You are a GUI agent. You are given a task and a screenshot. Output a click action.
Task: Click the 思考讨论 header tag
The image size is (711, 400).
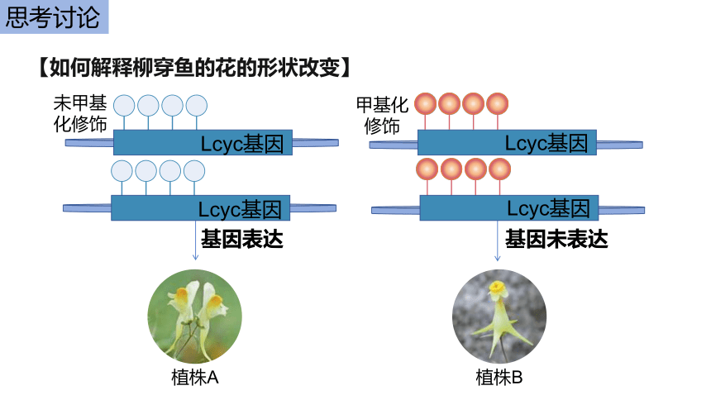[x=54, y=17]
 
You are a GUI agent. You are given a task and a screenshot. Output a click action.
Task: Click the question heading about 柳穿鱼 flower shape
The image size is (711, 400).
[x=195, y=68]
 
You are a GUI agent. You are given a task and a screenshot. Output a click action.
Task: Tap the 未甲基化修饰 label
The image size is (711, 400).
[x=80, y=114]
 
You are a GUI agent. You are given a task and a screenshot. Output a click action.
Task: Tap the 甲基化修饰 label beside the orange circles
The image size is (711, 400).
[x=382, y=116]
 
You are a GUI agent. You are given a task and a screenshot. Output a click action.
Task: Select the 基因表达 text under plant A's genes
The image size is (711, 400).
[x=242, y=239]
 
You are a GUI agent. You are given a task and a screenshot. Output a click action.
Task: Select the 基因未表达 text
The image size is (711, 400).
[x=556, y=239]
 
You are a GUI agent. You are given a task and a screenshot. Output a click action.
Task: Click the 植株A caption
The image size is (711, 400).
[x=195, y=378]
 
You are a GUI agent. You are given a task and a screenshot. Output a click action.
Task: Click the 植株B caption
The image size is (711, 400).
[x=499, y=378]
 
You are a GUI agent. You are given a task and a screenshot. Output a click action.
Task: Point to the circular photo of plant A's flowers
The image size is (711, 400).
[x=194, y=317]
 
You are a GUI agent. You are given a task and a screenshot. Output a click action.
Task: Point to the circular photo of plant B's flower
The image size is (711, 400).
[x=499, y=317]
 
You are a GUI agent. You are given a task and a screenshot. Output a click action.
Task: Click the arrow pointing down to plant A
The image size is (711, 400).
[x=195, y=240]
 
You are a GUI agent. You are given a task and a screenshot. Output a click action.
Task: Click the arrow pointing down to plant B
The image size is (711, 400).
[x=498, y=240]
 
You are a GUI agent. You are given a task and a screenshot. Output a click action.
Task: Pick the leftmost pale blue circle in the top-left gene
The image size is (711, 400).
[x=124, y=106]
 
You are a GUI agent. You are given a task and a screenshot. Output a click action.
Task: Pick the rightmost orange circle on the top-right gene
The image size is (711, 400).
[x=498, y=104]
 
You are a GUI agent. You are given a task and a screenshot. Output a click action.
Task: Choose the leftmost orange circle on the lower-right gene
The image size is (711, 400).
[x=427, y=169]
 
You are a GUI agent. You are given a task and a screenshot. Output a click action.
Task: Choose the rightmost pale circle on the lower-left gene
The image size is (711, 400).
[x=194, y=171]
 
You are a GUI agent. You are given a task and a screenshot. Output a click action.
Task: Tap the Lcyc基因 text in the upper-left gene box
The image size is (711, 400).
[x=242, y=144]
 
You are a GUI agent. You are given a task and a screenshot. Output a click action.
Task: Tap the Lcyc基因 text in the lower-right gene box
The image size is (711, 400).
[x=548, y=208]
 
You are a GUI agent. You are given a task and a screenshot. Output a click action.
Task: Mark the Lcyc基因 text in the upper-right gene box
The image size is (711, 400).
[x=546, y=143]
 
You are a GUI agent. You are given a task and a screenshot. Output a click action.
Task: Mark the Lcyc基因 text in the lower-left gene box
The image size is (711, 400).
[x=240, y=210]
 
